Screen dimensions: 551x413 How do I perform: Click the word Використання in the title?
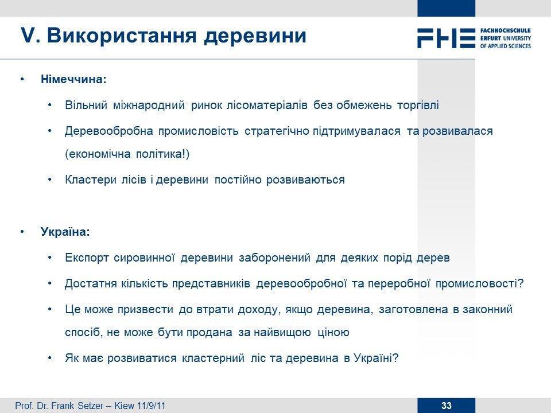pyautogui.click(x=121, y=36)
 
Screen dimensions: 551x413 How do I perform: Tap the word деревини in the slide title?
pyautogui.click(x=255, y=36)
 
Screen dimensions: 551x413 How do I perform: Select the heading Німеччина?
pyautogui.click(x=73, y=79)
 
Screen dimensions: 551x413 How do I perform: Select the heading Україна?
pyautogui.click(x=65, y=232)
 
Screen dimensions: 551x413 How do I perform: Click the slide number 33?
pyautogui.click(x=447, y=406)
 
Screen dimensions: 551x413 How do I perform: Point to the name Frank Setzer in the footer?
pyautogui.click(x=77, y=406)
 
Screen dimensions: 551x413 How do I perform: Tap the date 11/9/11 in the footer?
pyautogui.click(x=151, y=406)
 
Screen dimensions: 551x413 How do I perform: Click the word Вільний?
pyautogui.click(x=86, y=105)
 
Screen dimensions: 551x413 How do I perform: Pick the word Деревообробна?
pyautogui.click(x=109, y=131)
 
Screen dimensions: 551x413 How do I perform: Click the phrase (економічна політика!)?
pyautogui.click(x=127, y=154)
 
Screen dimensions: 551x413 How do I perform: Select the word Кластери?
pyautogui.click(x=90, y=180)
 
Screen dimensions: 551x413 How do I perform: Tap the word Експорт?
pyautogui.click(x=87, y=258)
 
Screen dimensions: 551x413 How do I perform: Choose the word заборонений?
pyautogui.click(x=274, y=258)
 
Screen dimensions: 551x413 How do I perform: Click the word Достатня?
pyautogui.click(x=91, y=283)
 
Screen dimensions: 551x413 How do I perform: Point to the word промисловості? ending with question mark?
pyautogui.click(x=480, y=283)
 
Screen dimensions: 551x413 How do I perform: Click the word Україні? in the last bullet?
pyautogui.click(x=376, y=358)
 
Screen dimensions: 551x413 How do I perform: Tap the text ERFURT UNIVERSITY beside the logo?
pyautogui.click(x=505, y=38)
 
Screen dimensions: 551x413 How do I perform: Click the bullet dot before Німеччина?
pyautogui.click(x=22, y=79)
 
